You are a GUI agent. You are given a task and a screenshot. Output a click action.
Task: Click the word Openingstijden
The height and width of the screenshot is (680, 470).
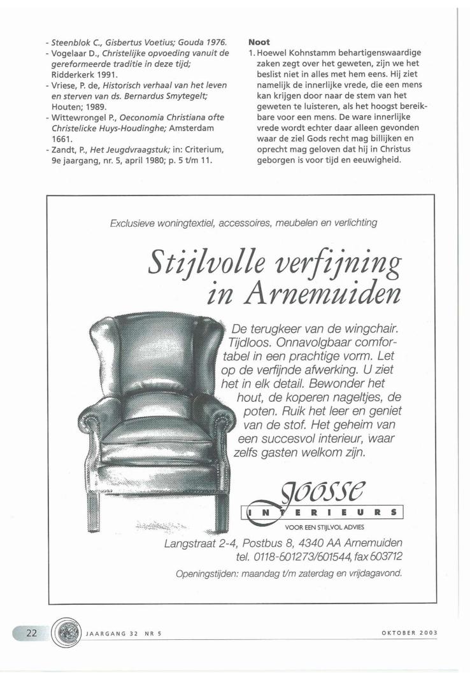210,574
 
